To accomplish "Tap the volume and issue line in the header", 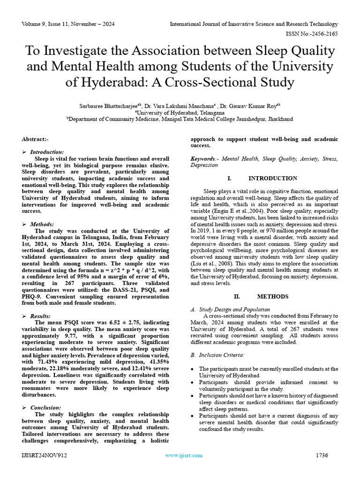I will (68, 24).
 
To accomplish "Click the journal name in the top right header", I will (254, 24).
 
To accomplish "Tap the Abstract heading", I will (35, 139).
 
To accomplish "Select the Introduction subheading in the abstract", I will (47, 152).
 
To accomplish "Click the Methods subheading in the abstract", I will (42, 225).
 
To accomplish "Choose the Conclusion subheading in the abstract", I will (45, 408).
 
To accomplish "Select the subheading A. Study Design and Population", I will (230, 309).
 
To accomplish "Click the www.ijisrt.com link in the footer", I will (184, 456).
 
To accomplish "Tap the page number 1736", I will (322, 456).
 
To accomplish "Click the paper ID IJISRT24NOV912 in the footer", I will (45, 456).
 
